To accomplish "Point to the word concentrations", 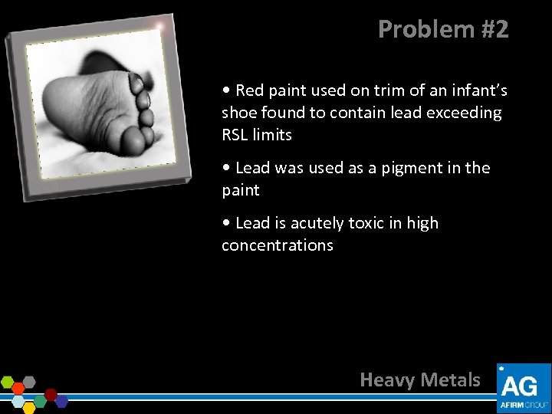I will point(278,245).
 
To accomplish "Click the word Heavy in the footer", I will point(388,379).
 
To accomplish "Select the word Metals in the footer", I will point(452,379).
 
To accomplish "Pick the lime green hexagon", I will point(8,382).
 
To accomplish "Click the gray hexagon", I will point(29,382).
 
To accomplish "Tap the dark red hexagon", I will point(51,394).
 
